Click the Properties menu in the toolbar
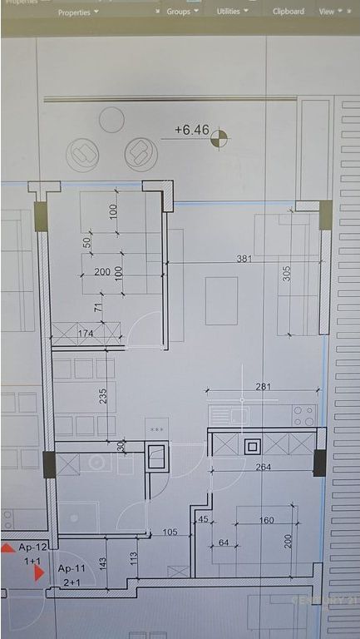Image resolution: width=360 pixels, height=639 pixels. (77, 12)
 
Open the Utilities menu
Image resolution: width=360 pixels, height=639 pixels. (230, 12)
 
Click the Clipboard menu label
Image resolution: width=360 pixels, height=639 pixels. (288, 12)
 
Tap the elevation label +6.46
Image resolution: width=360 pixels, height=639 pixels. (190, 130)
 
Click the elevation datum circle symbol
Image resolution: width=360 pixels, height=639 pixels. (219, 137)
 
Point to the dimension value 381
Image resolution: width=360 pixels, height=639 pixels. (244, 259)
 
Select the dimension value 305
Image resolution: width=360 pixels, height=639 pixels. (287, 274)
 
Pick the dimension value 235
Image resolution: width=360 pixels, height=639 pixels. (104, 396)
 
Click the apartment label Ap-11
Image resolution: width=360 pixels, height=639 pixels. (72, 568)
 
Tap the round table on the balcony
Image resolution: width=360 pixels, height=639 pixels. (111, 121)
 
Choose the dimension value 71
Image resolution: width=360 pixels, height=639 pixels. (98, 308)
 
